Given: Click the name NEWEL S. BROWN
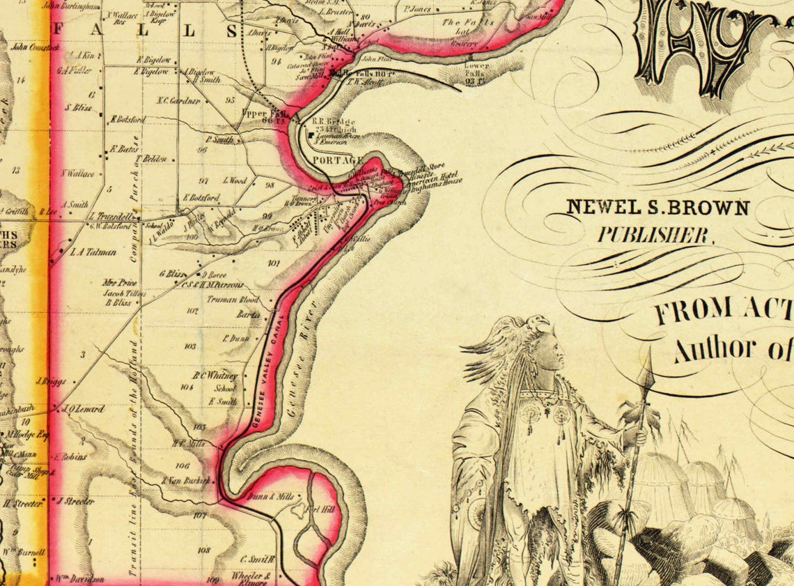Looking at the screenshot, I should pyautogui.click(x=657, y=207).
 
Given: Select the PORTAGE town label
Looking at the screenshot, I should pyautogui.click(x=329, y=160).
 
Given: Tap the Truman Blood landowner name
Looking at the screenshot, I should pyautogui.click(x=233, y=300).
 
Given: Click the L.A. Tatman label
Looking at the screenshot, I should pyautogui.click(x=93, y=252).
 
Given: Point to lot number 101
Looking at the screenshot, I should pyautogui.click(x=272, y=263).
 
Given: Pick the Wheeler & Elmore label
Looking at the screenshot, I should pyautogui.click(x=256, y=580).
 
